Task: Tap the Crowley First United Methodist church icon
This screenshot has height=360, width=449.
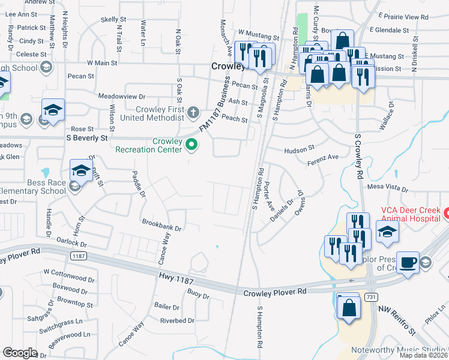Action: click(193, 111)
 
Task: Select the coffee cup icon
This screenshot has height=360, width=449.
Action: click(408, 262)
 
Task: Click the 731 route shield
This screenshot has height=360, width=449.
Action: click(372, 297)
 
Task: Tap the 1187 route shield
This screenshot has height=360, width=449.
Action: click(77, 256)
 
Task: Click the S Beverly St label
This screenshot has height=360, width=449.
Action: click(87, 138)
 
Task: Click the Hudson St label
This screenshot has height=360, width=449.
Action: click(300, 148)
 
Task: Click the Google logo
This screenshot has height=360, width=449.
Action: click(20, 353)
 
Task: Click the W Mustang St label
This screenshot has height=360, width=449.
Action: click(259, 32)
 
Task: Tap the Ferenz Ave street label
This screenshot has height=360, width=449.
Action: click(323, 157)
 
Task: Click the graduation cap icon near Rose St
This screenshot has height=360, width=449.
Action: click(53, 110)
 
